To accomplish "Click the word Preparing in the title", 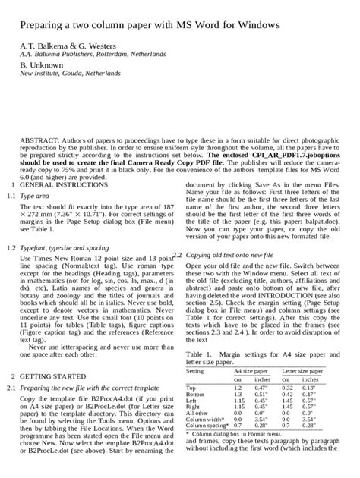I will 36,25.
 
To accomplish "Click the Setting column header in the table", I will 195,371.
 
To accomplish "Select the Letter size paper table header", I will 302,371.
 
